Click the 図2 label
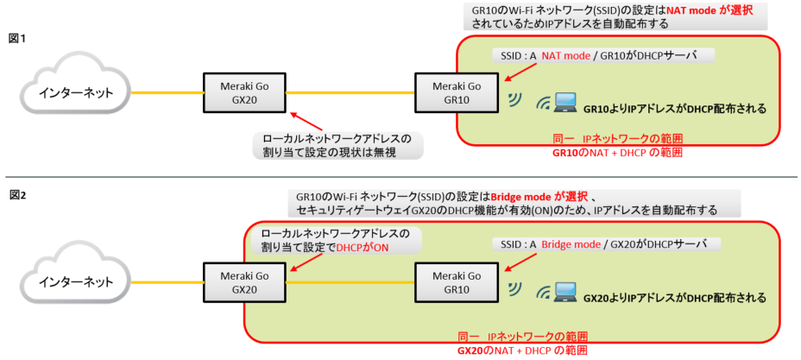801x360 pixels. click(x=16, y=195)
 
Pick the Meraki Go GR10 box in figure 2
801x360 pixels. click(x=456, y=281)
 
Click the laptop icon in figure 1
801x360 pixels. click(x=565, y=103)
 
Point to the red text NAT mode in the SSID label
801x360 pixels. click(x=565, y=55)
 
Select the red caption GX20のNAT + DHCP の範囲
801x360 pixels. click(x=522, y=351)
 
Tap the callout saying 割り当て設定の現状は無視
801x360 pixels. click(x=341, y=151)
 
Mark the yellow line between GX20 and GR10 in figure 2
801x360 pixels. click(x=349, y=281)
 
